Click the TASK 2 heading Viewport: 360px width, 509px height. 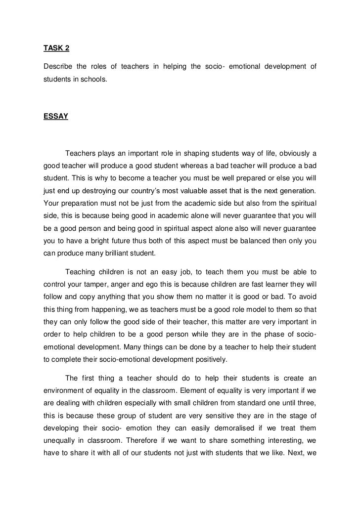coord(56,48)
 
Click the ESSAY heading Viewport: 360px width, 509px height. coord(56,117)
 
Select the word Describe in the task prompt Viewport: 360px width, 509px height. coord(58,67)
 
